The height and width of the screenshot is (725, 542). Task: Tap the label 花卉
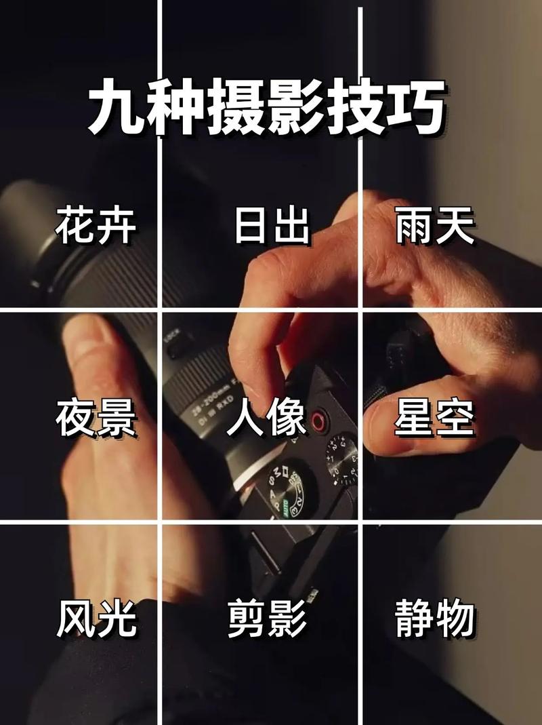click(96, 226)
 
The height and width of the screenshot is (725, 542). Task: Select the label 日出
click(271, 226)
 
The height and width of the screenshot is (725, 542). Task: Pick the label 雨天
click(434, 226)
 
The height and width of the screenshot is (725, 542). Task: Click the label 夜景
click(96, 418)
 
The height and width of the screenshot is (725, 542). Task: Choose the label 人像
click(266, 418)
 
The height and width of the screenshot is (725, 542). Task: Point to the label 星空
click(434, 418)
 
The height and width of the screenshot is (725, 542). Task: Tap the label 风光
click(96, 618)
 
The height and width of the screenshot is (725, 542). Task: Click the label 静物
click(434, 618)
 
